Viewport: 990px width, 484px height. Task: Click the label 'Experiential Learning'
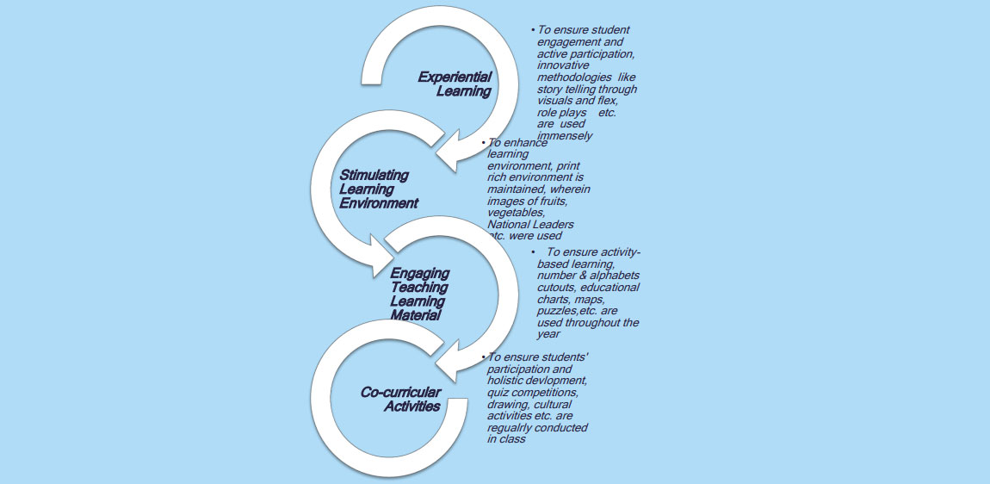click(455, 84)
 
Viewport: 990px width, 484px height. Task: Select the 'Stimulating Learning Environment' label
click(378, 189)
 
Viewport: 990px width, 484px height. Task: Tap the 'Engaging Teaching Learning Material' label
click(418, 295)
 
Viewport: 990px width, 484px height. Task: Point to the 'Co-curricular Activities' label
click(400, 399)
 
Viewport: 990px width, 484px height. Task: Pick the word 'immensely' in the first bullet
click(565, 135)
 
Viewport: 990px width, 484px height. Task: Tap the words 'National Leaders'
click(530, 224)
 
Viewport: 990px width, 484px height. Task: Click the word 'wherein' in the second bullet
click(571, 189)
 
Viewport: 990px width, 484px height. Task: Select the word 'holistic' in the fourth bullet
click(506, 380)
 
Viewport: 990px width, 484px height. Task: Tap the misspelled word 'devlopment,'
click(558, 380)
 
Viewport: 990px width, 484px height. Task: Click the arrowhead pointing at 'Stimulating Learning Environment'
click(447, 155)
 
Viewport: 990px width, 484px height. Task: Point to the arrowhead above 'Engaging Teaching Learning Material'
click(379, 256)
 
